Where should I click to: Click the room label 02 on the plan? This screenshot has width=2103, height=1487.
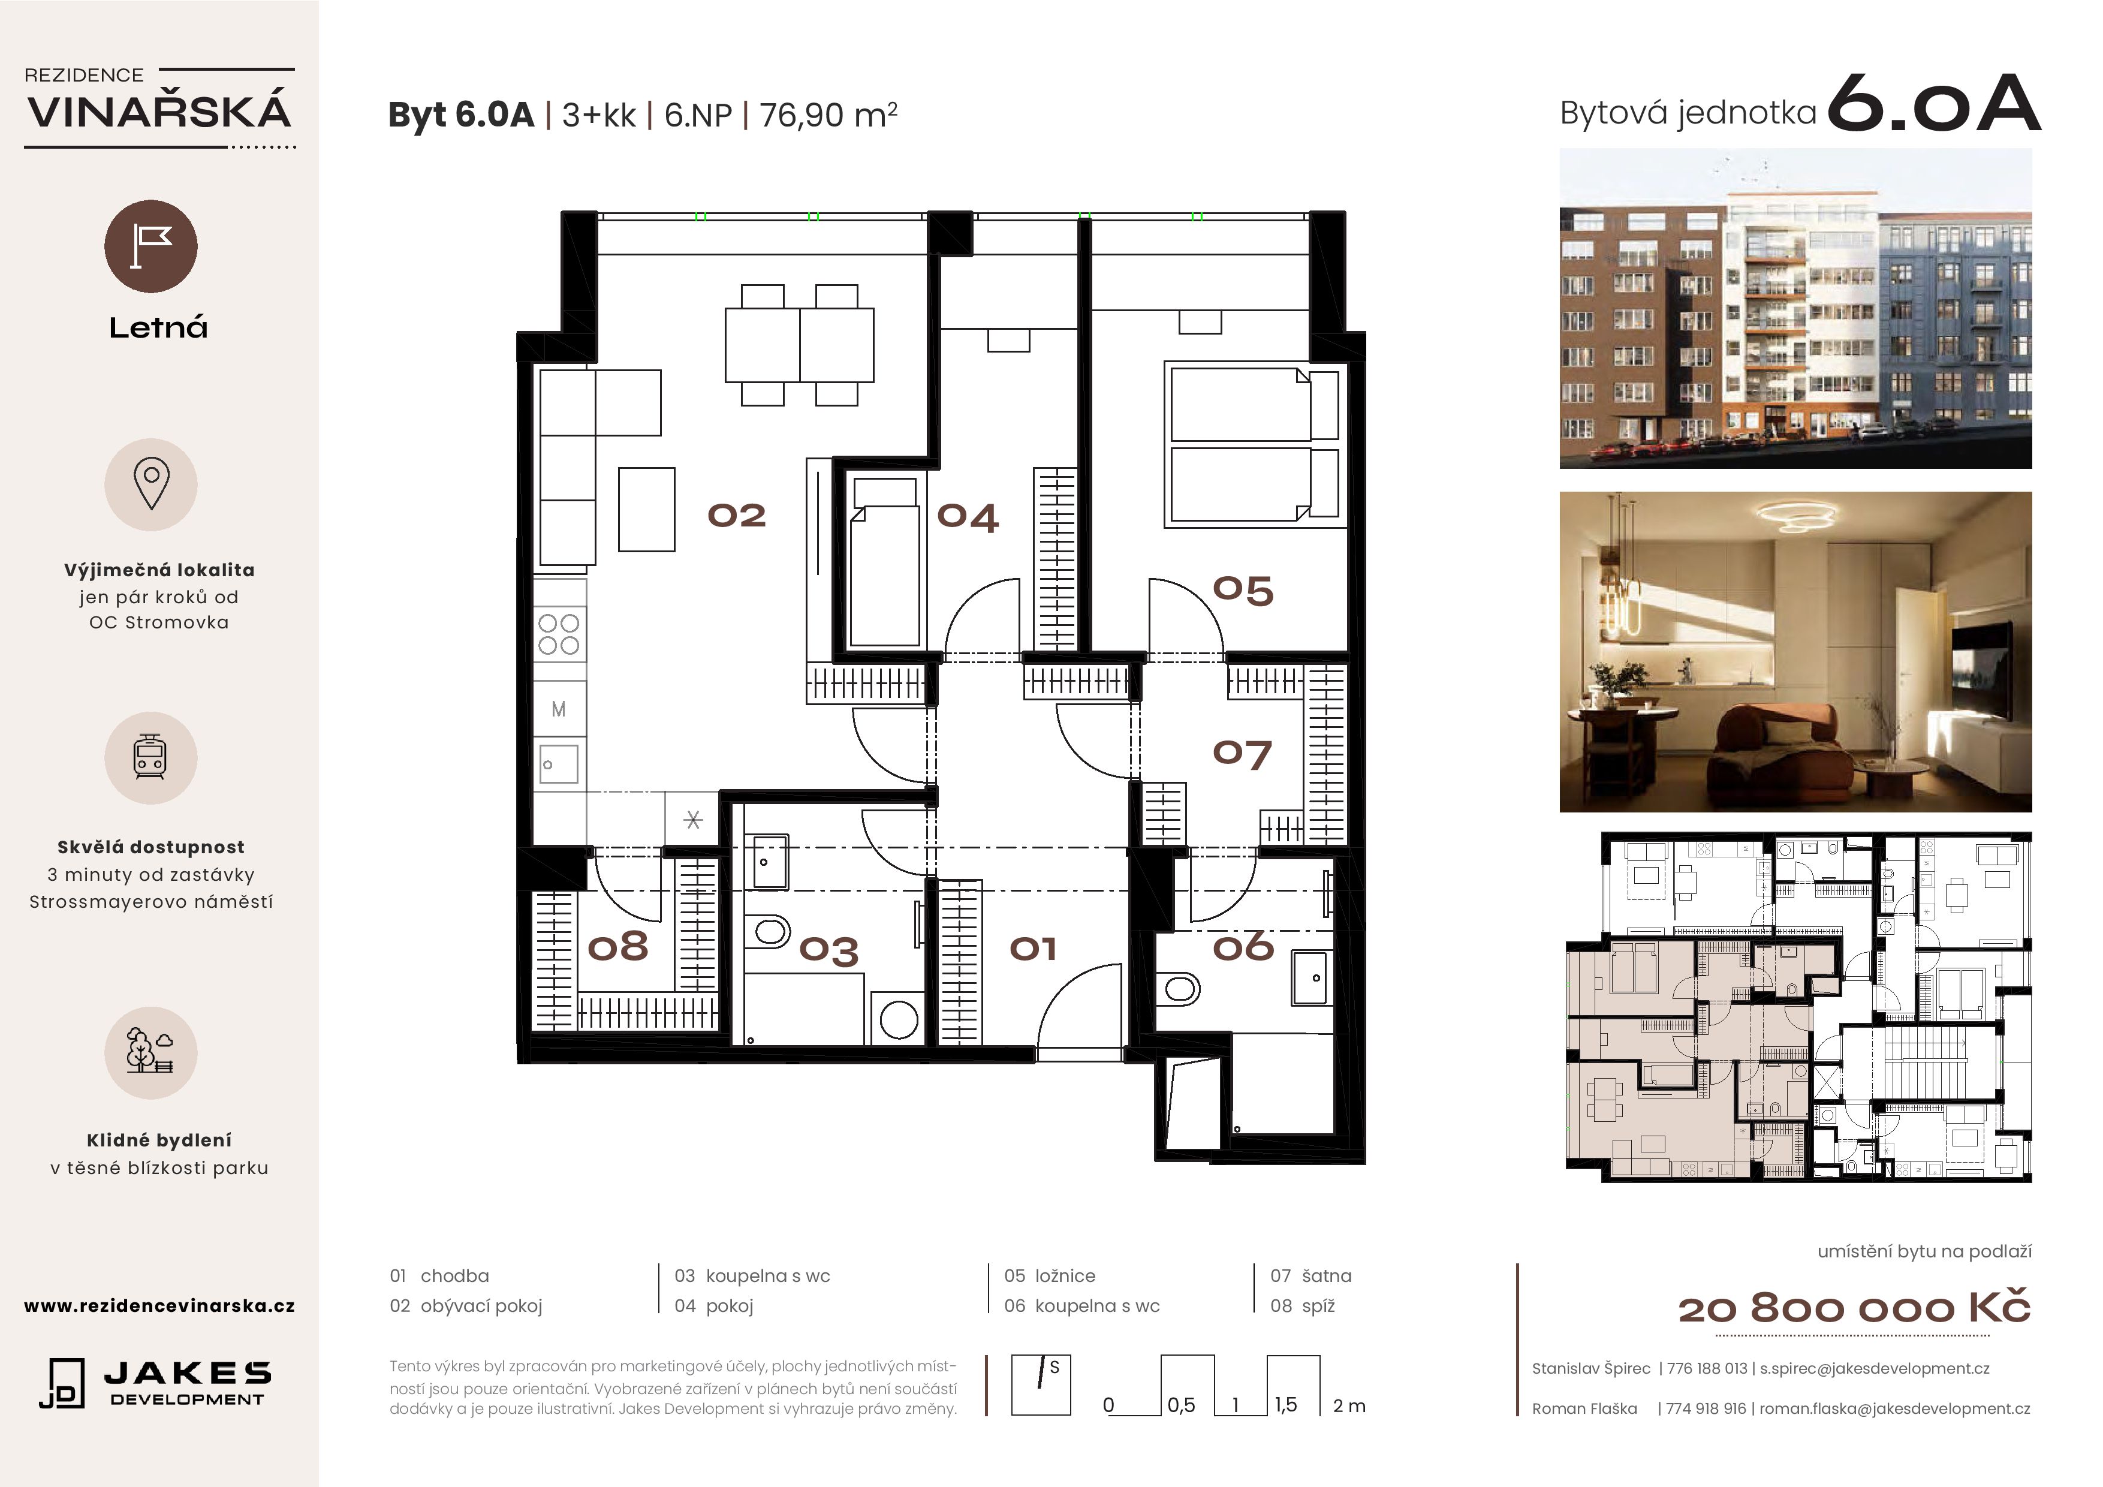(x=736, y=516)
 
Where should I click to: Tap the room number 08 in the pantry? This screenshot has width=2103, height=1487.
(x=618, y=946)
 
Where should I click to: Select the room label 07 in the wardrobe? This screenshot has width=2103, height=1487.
(x=1242, y=754)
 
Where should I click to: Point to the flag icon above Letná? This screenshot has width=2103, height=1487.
(x=151, y=246)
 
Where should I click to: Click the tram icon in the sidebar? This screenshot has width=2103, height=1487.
(x=150, y=758)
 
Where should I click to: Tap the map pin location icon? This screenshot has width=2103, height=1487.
(x=151, y=484)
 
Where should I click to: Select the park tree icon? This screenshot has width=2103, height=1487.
(x=150, y=1052)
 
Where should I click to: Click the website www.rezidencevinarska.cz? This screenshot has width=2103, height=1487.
(x=159, y=1305)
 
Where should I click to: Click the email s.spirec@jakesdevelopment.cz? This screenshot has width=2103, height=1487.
(x=1874, y=1368)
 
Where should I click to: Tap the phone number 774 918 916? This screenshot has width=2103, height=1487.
(x=1706, y=1408)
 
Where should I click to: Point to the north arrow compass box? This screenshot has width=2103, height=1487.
(x=1041, y=1385)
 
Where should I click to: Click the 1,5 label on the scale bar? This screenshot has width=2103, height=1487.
(x=1285, y=1404)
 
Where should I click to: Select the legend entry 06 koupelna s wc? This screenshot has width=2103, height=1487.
(x=1081, y=1305)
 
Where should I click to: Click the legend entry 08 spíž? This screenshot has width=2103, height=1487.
(x=1303, y=1305)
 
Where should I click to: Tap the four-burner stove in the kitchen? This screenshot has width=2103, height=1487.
(x=559, y=634)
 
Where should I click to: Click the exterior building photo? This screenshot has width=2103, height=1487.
(x=1795, y=309)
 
